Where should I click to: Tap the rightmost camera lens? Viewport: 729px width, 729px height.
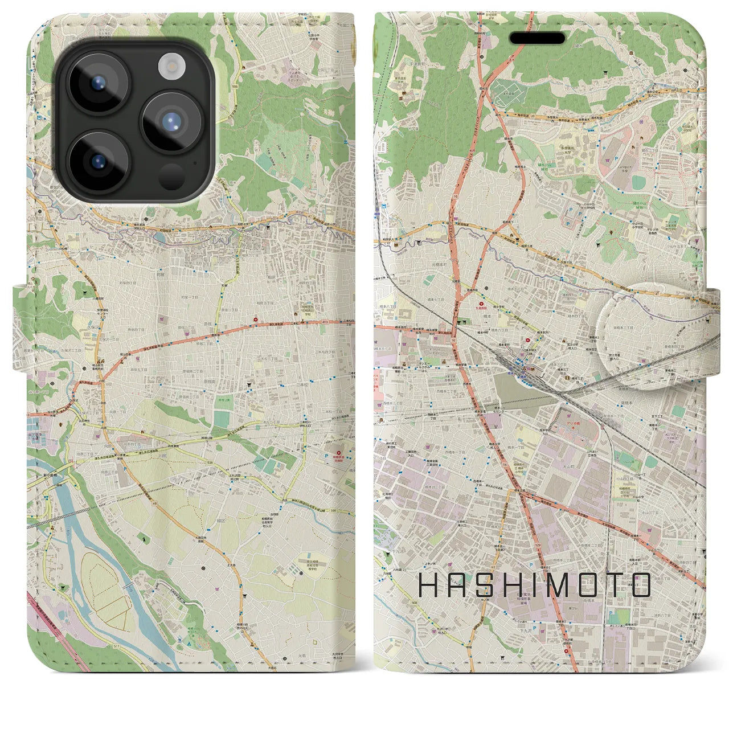tap(171, 121)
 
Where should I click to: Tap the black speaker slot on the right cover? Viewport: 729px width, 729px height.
tap(536, 38)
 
